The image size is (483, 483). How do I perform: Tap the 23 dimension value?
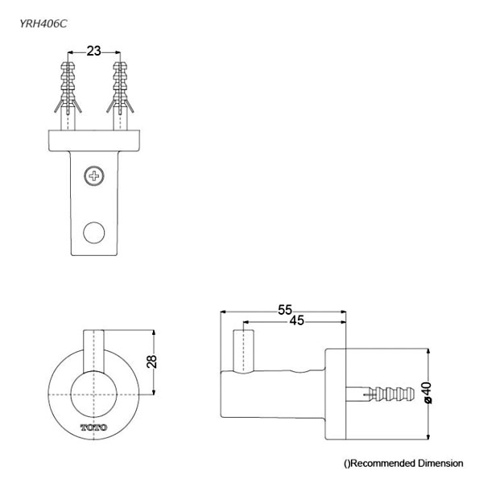tap(93, 51)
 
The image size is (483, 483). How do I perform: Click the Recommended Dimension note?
tap(403, 463)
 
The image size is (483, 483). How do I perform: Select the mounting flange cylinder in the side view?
tap(336, 394)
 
